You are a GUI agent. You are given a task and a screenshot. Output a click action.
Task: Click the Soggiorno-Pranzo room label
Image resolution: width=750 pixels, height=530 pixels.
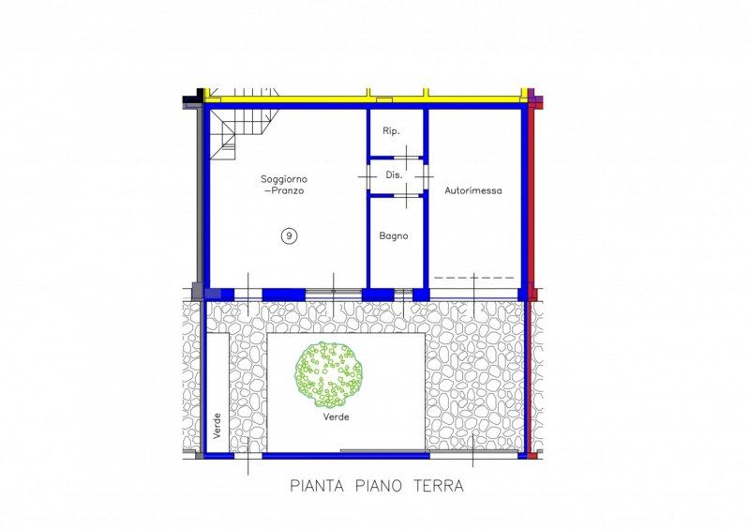284,185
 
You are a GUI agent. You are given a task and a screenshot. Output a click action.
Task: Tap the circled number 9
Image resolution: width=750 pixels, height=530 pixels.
289,235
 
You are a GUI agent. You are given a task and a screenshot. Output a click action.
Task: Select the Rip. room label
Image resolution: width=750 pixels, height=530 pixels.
391,130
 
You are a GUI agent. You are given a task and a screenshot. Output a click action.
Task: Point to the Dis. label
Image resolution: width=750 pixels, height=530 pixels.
394,175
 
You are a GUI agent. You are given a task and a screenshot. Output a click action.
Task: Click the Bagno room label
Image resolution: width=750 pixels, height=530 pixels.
394,235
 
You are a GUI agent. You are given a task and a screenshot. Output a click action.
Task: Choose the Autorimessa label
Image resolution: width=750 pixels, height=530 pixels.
473,190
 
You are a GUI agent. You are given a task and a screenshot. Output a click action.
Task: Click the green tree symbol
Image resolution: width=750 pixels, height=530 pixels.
329,374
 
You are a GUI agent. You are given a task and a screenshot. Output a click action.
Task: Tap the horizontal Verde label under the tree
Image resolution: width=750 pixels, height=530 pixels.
337,417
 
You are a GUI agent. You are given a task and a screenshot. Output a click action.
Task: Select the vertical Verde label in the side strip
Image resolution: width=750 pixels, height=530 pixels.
217,426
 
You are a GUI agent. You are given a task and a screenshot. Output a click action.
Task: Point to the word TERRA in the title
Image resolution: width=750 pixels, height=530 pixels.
439,486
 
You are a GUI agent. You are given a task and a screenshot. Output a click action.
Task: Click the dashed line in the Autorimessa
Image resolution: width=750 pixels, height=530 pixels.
474,278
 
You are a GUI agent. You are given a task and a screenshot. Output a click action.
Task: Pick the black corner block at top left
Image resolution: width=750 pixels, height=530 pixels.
194,98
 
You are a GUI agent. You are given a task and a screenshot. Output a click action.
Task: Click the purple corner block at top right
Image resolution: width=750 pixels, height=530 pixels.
535,101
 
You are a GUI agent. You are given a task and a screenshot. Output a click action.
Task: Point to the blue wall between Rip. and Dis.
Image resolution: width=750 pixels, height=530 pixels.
395,157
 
